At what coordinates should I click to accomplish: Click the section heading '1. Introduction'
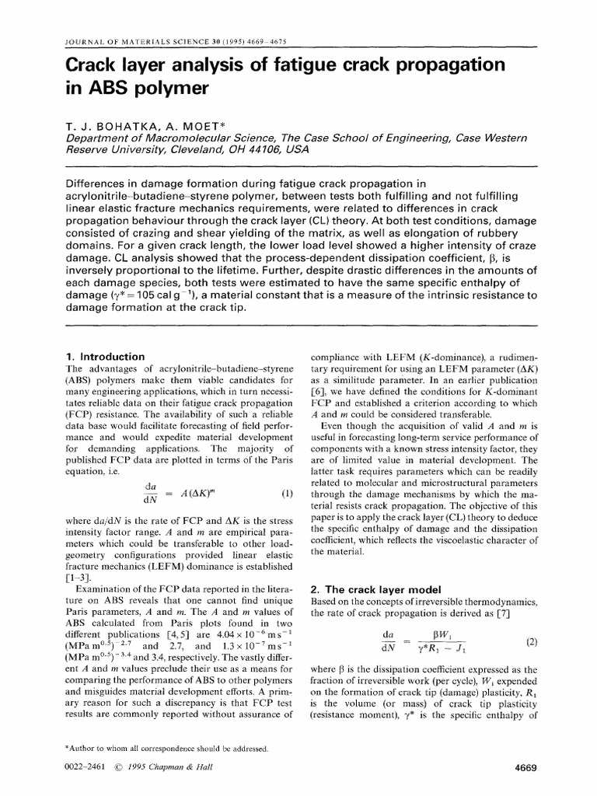(x=106, y=356)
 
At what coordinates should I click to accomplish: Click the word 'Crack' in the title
(x=88, y=63)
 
